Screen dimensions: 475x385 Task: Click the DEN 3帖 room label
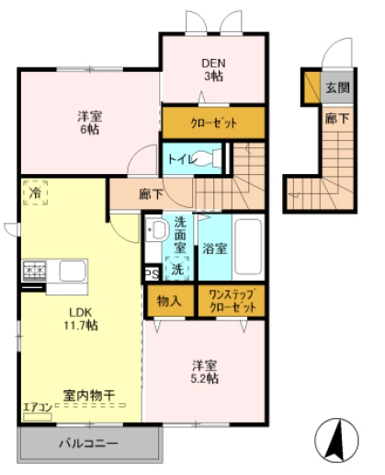213,69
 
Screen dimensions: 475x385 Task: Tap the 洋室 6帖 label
88,122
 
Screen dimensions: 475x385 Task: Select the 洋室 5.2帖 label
205,371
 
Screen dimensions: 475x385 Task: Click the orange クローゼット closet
213,122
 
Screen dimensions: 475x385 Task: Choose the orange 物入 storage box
169,300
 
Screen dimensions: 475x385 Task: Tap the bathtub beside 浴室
246,248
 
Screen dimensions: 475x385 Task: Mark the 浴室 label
214,248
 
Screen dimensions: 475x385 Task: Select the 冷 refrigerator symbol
35,195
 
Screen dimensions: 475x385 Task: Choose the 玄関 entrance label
336,88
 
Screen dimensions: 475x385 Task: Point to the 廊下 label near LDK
151,194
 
